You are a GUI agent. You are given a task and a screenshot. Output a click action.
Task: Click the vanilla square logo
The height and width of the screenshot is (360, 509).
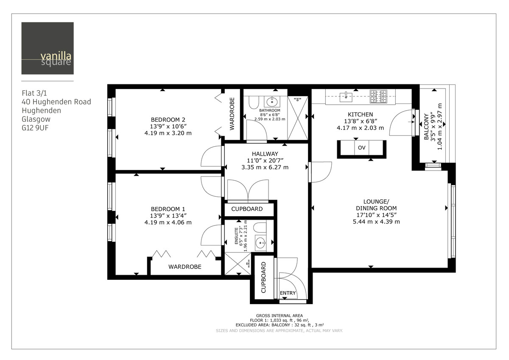click(48, 48)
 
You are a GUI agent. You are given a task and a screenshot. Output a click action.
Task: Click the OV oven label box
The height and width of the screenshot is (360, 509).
click(362, 148)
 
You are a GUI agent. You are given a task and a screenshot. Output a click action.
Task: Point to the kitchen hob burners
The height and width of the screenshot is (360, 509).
click(378, 96)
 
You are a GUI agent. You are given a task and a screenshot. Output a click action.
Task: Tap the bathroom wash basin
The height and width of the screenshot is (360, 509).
click(271, 102)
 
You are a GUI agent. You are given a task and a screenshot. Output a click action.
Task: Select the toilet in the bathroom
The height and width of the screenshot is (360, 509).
click(253, 103)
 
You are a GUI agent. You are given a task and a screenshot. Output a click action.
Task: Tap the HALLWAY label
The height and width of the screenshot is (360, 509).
click(265, 154)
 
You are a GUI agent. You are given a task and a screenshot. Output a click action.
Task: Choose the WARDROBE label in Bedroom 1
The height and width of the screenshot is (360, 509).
click(185, 267)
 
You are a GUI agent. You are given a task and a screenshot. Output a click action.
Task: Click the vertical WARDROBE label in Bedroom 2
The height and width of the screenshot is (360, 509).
click(232, 114)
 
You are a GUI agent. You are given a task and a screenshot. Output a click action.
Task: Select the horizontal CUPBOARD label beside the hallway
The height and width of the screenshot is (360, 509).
click(247, 209)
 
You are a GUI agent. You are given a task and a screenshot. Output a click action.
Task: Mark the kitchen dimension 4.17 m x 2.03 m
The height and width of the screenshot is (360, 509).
click(360, 128)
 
